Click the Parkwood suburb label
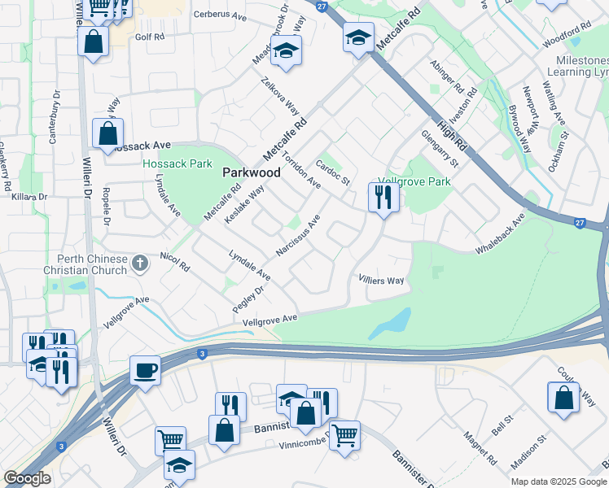pyautogui.click(x=252, y=172)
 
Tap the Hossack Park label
pyautogui.click(x=177, y=163)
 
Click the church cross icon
pyautogui.click(x=140, y=262)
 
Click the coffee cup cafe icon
pyautogui.click(x=146, y=370)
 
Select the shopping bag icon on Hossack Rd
pyautogui.click(x=107, y=133)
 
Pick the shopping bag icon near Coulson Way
pyautogui.click(x=563, y=398)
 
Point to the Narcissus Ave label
pyautogui.click(x=298, y=236)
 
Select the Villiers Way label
pyautogui.click(x=382, y=281)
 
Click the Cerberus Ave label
pyautogui.click(x=219, y=15)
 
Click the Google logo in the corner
pyautogui.click(x=27, y=478)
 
